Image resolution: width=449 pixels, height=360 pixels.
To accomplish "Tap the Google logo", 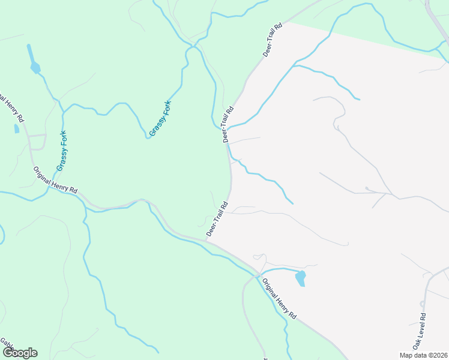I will pyautogui.click(x=20, y=353).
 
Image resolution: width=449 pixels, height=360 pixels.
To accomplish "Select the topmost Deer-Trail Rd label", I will pyautogui.click(x=272, y=40).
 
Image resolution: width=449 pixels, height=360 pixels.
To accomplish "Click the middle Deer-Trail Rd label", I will pyautogui.click(x=227, y=124).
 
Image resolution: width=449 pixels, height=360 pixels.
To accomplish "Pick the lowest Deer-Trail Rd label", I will pyautogui.click(x=217, y=218).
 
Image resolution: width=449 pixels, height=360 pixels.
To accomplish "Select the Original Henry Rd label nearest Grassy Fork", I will pyautogui.click(x=55, y=179).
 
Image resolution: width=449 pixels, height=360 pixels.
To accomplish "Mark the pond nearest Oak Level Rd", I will pyautogui.click(x=301, y=278).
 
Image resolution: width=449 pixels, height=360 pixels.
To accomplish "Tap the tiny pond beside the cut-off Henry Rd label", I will pyautogui.click(x=16, y=128).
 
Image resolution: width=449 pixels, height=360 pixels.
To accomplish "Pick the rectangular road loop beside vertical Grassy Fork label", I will pyautogui.click(x=37, y=142).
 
